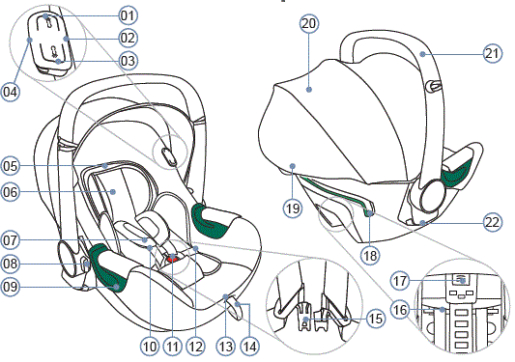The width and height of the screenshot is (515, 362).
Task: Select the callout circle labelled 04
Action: click(x=11, y=93)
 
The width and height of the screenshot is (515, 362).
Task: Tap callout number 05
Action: click(x=11, y=165)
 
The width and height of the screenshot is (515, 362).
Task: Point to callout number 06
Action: click(x=11, y=192)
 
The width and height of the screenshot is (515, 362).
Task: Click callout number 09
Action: click(x=11, y=287)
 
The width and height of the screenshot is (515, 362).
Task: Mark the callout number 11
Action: click(x=173, y=345)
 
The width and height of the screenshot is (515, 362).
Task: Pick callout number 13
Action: click(x=225, y=345)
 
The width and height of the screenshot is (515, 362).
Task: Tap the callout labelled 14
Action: click(x=252, y=345)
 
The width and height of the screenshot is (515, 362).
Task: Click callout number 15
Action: click(x=375, y=319)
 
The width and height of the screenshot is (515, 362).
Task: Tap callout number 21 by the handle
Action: click(x=493, y=53)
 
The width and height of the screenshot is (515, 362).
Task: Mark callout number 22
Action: click(x=493, y=222)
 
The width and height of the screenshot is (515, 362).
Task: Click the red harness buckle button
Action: click(x=173, y=258)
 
